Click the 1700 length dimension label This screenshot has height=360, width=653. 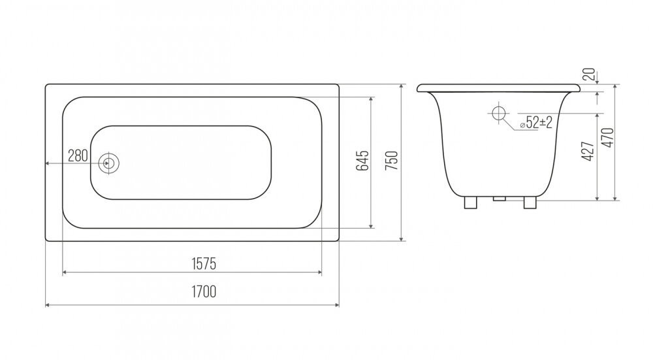(204, 291)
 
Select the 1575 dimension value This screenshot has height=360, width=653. (204, 263)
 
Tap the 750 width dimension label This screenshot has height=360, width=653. (392, 161)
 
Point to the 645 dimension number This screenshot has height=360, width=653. (362, 161)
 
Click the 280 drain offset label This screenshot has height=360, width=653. (78, 156)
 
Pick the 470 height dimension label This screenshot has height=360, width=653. (609, 137)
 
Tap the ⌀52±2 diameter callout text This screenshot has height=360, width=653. (536, 122)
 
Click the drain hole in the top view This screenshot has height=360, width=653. (109, 163)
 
